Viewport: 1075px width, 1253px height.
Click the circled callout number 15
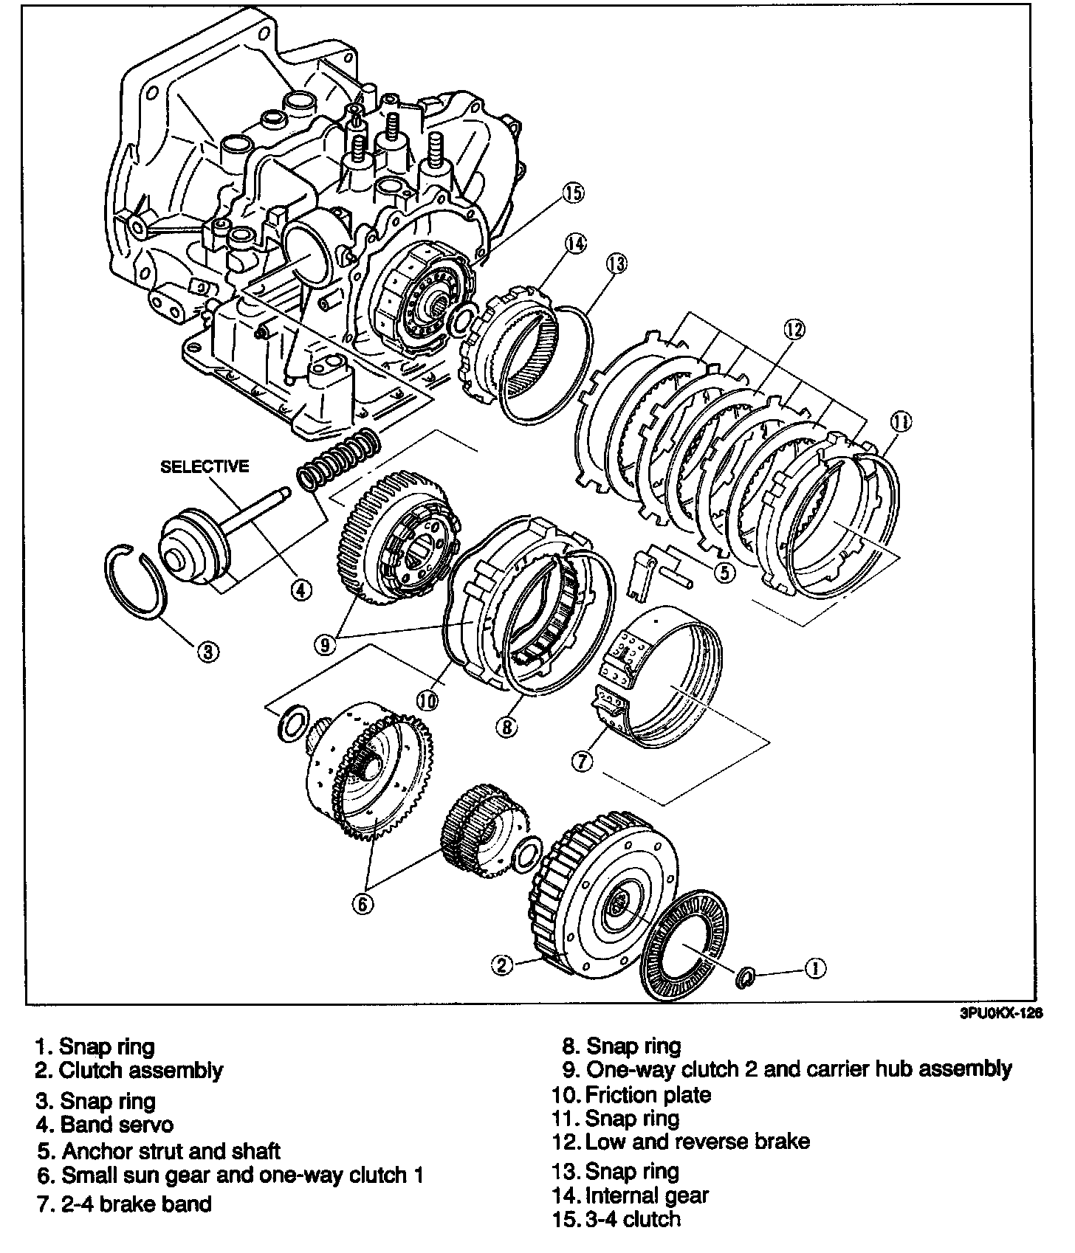pyautogui.click(x=573, y=193)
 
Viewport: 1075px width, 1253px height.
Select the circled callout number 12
pyautogui.click(x=794, y=330)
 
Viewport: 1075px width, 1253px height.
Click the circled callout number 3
pyautogui.click(x=208, y=652)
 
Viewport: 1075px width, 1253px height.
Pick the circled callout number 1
pyautogui.click(x=814, y=967)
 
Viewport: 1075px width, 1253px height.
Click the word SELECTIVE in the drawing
pyautogui.click(x=205, y=466)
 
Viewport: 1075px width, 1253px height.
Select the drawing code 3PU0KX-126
pyautogui.click(x=1001, y=1015)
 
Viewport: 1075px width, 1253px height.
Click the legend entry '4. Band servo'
pyautogui.click(x=105, y=1125)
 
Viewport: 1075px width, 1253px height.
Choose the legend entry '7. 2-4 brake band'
pyautogui.click(x=124, y=1204)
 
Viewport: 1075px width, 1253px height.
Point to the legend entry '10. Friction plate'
pyautogui.click(x=631, y=1094)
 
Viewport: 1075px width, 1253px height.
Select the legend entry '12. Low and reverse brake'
pyautogui.click(x=680, y=1142)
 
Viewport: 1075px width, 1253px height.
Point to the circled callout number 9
pyautogui.click(x=325, y=644)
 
